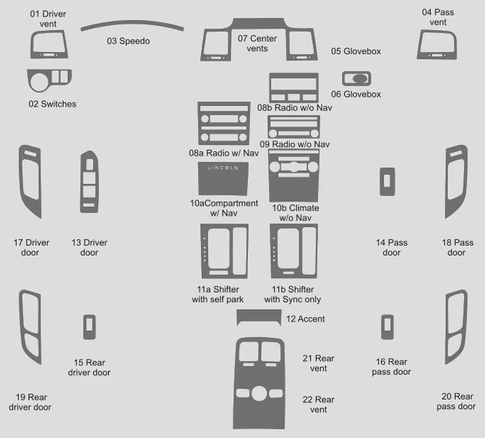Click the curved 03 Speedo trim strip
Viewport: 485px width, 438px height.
[132, 23]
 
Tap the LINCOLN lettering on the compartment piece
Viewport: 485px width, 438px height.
[224, 168]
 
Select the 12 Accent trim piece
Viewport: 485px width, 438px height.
[259, 317]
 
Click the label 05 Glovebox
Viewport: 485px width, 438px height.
[356, 51]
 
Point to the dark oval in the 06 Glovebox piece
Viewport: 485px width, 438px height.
[360, 78]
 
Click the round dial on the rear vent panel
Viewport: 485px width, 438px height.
[259, 394]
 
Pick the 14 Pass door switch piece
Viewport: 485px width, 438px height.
[387, 181]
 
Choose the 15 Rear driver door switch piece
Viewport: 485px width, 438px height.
[89, 327]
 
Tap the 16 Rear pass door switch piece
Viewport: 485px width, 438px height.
[387, 327]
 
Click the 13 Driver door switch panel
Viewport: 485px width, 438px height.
[89, 182]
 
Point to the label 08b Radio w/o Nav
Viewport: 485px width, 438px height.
[295, 108]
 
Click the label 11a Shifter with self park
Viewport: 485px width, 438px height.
[218, 294]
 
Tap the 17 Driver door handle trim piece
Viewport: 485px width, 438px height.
[21, 181]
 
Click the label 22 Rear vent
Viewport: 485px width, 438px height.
[318, 404]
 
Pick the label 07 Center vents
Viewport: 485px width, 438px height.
[257, 44]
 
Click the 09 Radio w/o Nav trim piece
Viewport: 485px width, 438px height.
[294, 126]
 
